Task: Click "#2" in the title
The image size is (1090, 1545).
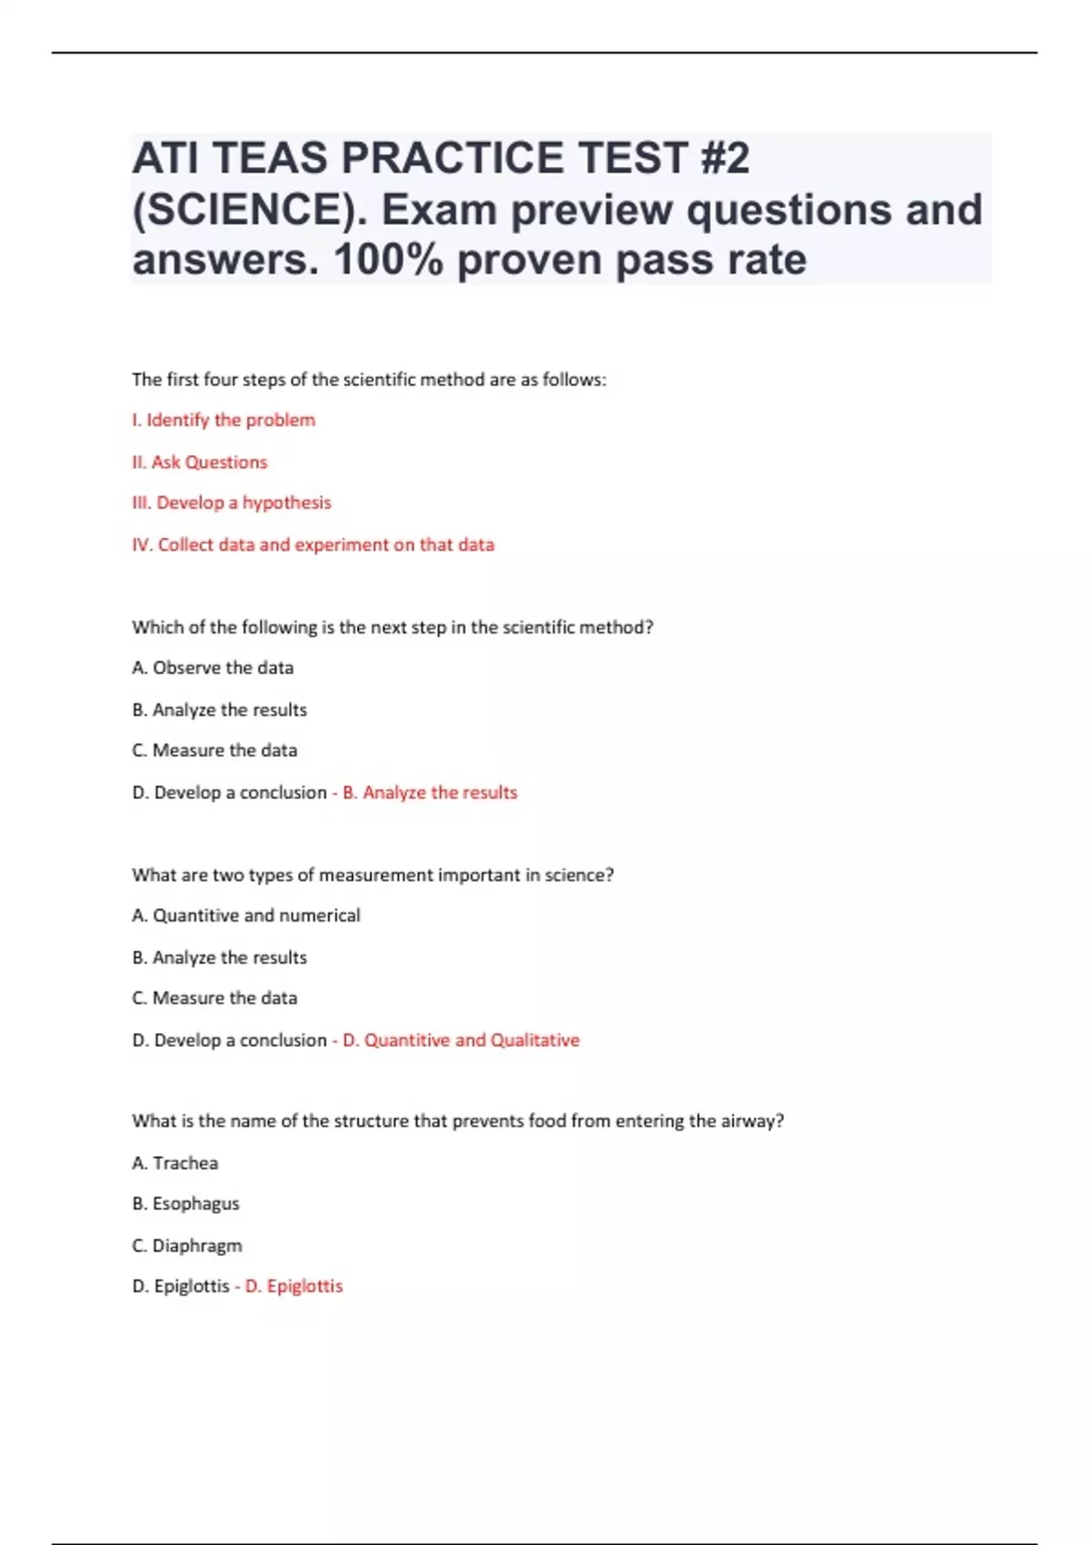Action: (724, 158)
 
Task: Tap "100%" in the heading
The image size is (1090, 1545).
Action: (389, 260)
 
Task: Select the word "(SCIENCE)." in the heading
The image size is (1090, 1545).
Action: (250, 210)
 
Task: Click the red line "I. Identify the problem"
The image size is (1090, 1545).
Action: (223, 420)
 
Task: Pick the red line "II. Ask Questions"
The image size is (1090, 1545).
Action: (200, 462)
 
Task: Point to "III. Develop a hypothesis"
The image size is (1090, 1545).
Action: (232, 503)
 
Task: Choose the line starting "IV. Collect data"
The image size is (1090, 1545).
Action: (313, 544)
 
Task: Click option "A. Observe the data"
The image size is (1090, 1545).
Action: (213, 668)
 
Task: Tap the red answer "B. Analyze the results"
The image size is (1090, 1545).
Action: (430, 792)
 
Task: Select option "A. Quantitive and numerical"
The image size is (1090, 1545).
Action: (246, 915)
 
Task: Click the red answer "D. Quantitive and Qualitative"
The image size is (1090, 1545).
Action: (461, 1040)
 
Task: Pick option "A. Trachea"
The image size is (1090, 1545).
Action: (175, 1163)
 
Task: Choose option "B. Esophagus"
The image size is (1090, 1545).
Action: (186, 1203)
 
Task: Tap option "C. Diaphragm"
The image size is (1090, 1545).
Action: (187, 1245)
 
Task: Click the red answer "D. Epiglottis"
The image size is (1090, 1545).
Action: (294, 1286)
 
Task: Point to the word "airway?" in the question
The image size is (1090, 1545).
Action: (752, 1121)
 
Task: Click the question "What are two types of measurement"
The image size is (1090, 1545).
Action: (372, 875)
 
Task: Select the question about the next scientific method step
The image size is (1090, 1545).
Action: (392, 627)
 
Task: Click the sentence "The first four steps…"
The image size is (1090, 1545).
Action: (369, 380)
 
